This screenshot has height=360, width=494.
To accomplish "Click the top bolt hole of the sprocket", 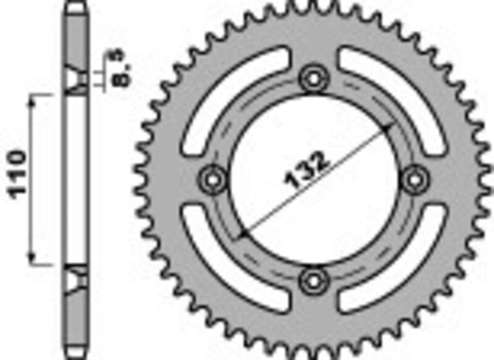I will [x=313, y=79].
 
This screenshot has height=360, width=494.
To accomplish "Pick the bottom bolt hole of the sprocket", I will [x=313, y=280].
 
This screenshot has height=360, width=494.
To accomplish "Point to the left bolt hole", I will [x=212, y=178].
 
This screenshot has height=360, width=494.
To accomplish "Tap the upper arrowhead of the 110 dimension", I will [x=35, y=99].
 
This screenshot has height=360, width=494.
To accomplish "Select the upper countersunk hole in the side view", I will [x=75, y=81].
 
